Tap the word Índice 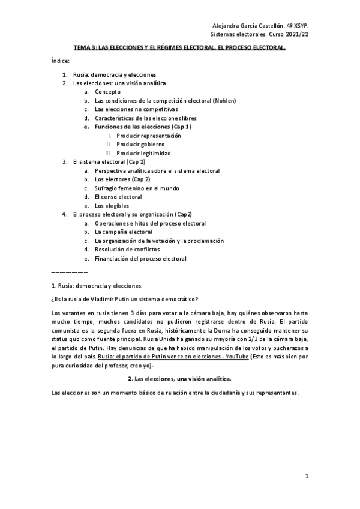(x=61, y=61)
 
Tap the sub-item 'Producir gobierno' (x=140, y=145)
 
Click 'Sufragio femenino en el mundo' (x=136, y=188)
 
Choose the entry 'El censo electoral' (x=118, y=197)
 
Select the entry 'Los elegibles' (x=112, y=206)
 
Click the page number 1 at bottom (x=306, y=477)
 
